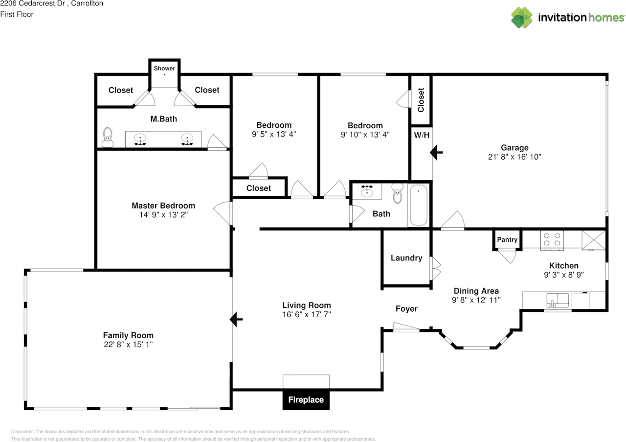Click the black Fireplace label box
[x=306, y=399]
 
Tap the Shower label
[x=164, y=68]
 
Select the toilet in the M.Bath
[x=108, y=138]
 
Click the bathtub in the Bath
[x=418, y=205]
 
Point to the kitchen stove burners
[x=552, y=240]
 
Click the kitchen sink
[x=558, y=300]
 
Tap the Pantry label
[x=507, y=240]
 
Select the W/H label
[x=422, y=136]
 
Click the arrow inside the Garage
[x=436, y=152]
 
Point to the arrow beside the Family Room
[x=236, y=319]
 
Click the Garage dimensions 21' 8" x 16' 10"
[x=514, y=157]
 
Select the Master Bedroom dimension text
[x=163, y=215]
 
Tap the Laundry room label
[x=406, y=258]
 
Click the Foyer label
[x=406, y=309]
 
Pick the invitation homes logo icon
[x=522, y=18]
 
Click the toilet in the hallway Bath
[x=397, y=193]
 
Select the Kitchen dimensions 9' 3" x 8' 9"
[x=564, y=275]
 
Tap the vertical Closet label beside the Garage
[x=421, y=100]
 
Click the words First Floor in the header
[x=17, y=14]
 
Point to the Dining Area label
[x=476, y=291]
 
